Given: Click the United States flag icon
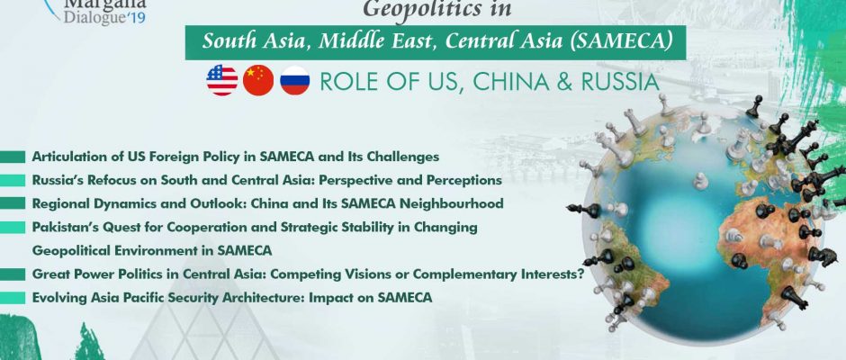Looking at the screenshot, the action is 221,80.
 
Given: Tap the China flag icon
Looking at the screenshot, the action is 258,80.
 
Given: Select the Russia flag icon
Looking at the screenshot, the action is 295,80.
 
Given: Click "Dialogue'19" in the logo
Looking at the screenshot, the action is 104,17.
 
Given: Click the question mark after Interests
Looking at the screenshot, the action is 580,274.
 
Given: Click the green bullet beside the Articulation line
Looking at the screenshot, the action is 13,157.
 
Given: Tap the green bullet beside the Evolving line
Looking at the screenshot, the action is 13,298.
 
